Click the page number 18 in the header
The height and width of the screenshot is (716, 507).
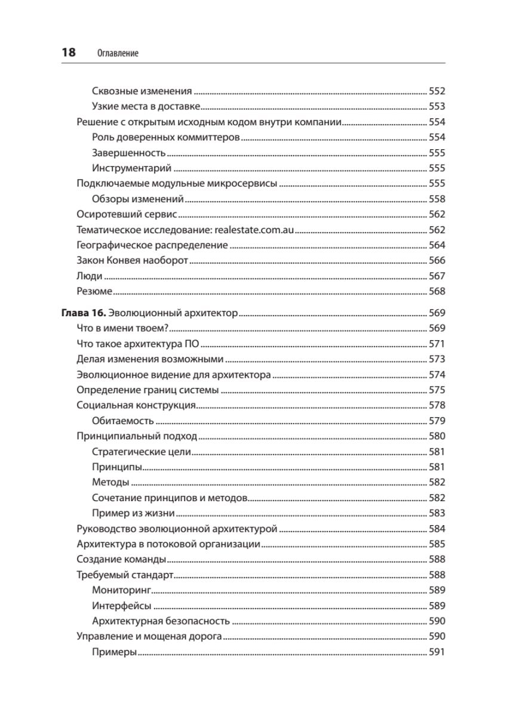[69, 53]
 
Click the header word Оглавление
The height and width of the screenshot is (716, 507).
[117, 53]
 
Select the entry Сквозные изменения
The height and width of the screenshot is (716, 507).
[142, 91]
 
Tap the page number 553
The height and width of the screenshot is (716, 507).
[437, 107]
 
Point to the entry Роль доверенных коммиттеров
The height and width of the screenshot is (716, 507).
[166, 137]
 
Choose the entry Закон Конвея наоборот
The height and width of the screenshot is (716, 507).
[133, 260]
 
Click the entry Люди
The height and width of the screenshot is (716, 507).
[90, 276]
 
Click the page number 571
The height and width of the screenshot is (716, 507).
[437, 344]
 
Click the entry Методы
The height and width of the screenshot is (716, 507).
[110, 482]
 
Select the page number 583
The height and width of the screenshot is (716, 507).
[437, 513]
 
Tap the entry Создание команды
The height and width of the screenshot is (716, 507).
[121, 559]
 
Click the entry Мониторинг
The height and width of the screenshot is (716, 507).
[121, 590]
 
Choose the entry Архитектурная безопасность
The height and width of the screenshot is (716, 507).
[161, 621]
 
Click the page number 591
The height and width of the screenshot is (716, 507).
[437, 652]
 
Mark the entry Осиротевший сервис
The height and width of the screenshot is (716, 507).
[127, 214]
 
